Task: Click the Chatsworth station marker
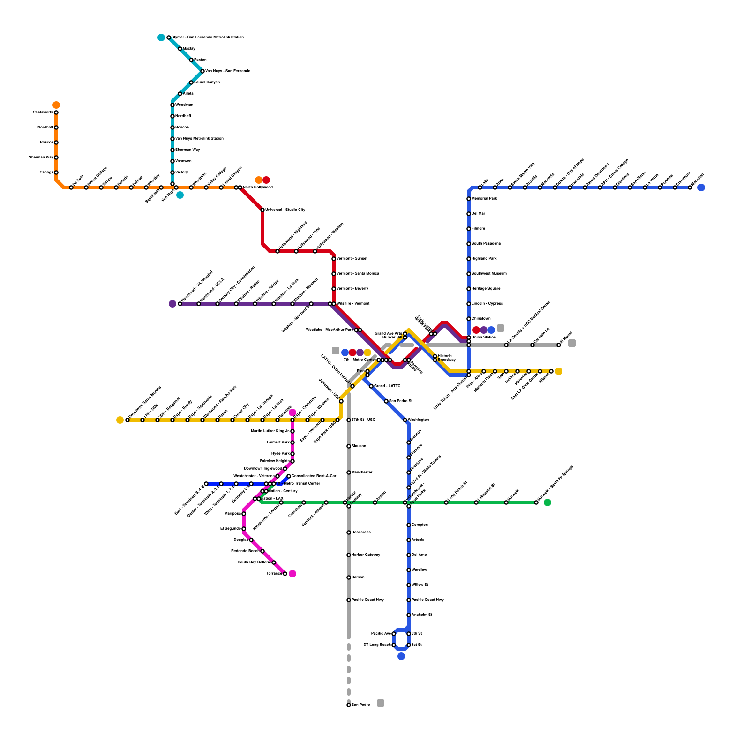click(56, 112)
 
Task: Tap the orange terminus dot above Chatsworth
click(56, 105)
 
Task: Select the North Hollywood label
click(257, 187)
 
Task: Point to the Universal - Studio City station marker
click(262, 210)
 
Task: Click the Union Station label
click(483, 337)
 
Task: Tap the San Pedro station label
click(360, 705)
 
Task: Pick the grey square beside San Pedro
click(381, 703)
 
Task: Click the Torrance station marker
click(285, 574)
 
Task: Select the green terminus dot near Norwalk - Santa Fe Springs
click(547, 502)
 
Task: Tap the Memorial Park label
click(484, 199)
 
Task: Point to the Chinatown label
click(481, 319)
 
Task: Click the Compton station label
click(420, 525)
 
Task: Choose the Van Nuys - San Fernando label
click(228, 71)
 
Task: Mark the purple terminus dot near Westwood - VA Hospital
click(172, 304)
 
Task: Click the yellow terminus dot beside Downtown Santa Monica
click(120, 420)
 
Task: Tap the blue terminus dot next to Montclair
click(701, 187)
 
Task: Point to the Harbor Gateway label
click(366, 555)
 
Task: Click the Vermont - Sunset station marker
click(334, 259)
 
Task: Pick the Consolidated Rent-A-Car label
click(314, 476)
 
